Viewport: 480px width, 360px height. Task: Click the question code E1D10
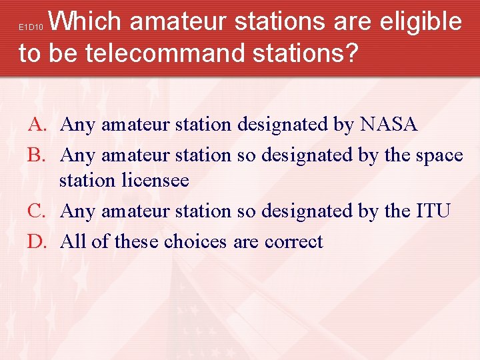coord(31,27)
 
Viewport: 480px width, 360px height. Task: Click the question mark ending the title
coord(351,53)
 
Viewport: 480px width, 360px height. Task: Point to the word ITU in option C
coord(433,211)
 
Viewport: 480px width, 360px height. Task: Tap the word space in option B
coord(438,155)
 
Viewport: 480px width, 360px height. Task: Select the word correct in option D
coord(294,241)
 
